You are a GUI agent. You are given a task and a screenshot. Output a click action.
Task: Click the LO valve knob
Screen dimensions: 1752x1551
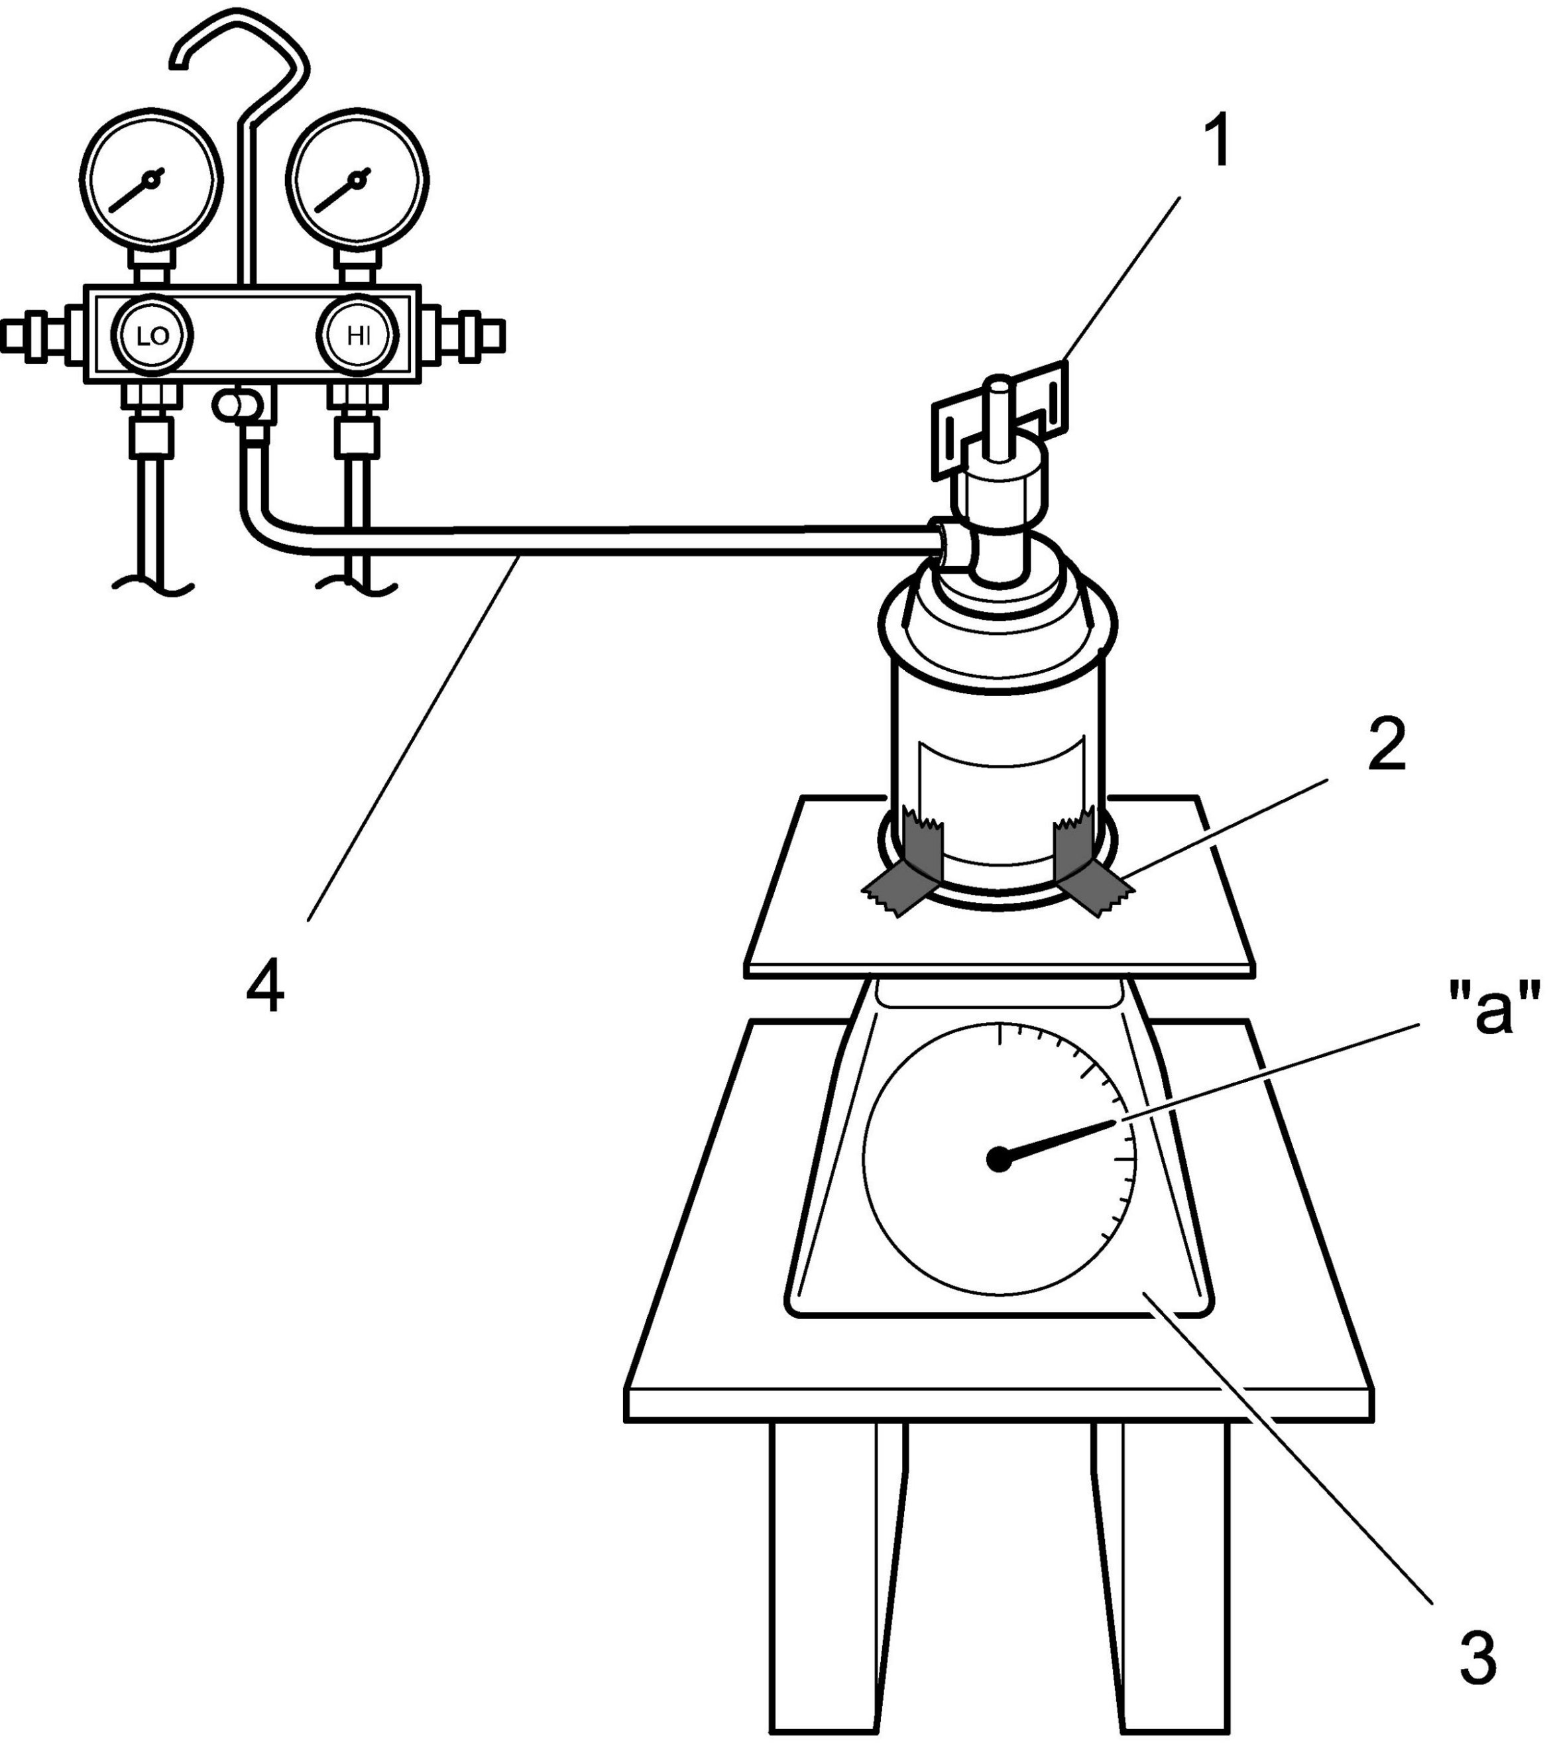click(152, 335)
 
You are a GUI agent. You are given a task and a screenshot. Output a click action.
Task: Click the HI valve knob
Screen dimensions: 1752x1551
click(357, 335)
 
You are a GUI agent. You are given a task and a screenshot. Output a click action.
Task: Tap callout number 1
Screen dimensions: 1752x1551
click(1216, 143)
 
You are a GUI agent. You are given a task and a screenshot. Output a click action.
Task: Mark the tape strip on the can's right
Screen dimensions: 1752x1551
click(1088, 866)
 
